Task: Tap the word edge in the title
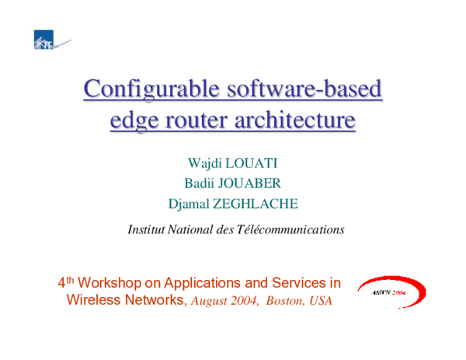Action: point(132,122)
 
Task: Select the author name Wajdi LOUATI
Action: point(233,165)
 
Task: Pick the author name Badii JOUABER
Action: point(233,185)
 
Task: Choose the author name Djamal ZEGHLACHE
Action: point(233,205)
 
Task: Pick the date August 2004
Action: point(224,300)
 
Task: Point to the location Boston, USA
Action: point(298,300)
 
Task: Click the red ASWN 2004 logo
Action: point(391,293)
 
